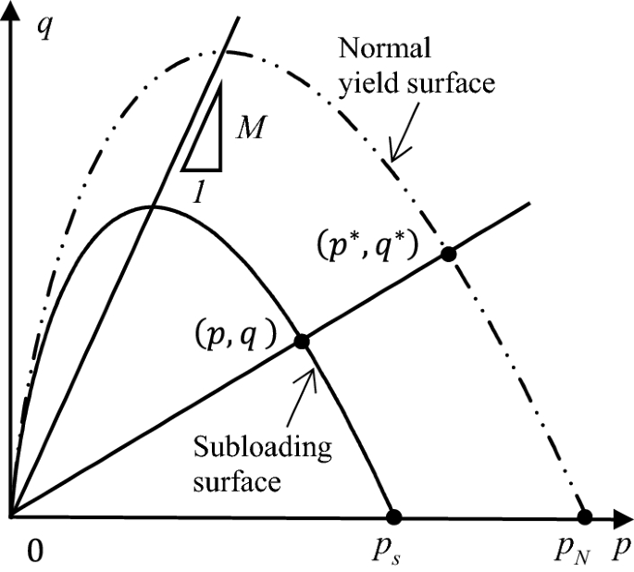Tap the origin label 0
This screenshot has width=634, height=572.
click(x=35, y=552)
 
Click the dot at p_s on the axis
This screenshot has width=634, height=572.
click(x=393, y=516)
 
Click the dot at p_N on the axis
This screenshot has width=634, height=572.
click(x=584, y=516)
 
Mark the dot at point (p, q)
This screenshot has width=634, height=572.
click(x=301, y=342)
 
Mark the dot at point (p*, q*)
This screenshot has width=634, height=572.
click(x=448, y=254)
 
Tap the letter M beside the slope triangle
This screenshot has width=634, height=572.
click(x=249, y=127)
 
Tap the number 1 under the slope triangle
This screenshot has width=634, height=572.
click(x=198, y=192)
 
